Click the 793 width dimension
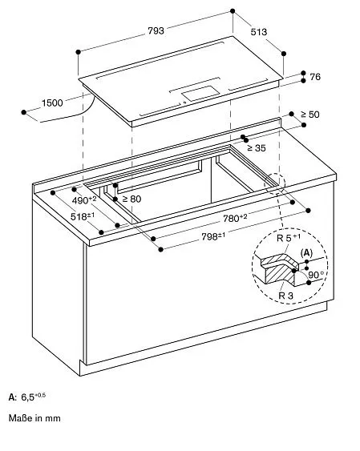tap(156, 31)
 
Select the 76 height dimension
tap(314, 78)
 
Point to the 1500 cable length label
tap(53, 103)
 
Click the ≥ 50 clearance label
tap(309, 115)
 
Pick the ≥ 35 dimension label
tap(256, 148)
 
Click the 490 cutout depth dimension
tap(83, 199)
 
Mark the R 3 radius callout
tap(277, 295)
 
